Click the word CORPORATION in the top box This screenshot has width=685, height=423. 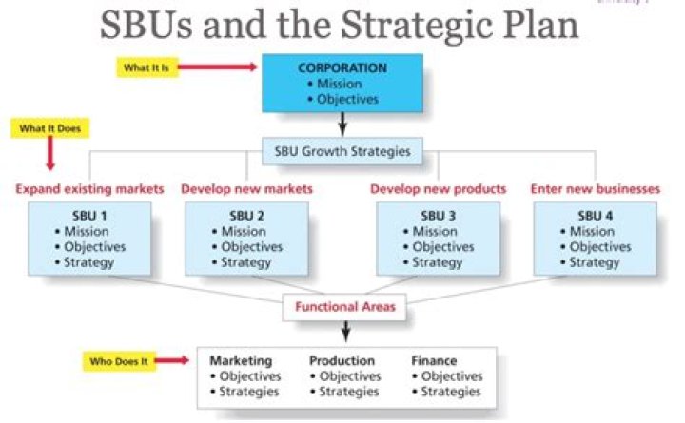pyautogui.click(x=342, y=68)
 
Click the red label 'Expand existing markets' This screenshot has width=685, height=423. pyautogui.click(x=89, y=189)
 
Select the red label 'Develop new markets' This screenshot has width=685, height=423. pyautogui.click(x=246, y=189)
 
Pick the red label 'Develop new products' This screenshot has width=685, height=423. pyautogui.click(x=438, y=189)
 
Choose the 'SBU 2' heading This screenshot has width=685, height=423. pyautogui.click(x=246, y=216)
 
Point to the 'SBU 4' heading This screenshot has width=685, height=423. pyautogui.click(x=596, y=216)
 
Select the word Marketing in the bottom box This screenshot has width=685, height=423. pyautogui.click(x=241, y=361)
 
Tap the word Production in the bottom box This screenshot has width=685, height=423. pyautogui.click(x=342, y=361)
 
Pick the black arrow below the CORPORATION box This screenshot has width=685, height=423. pyautogui.click(x=342, y=123)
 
